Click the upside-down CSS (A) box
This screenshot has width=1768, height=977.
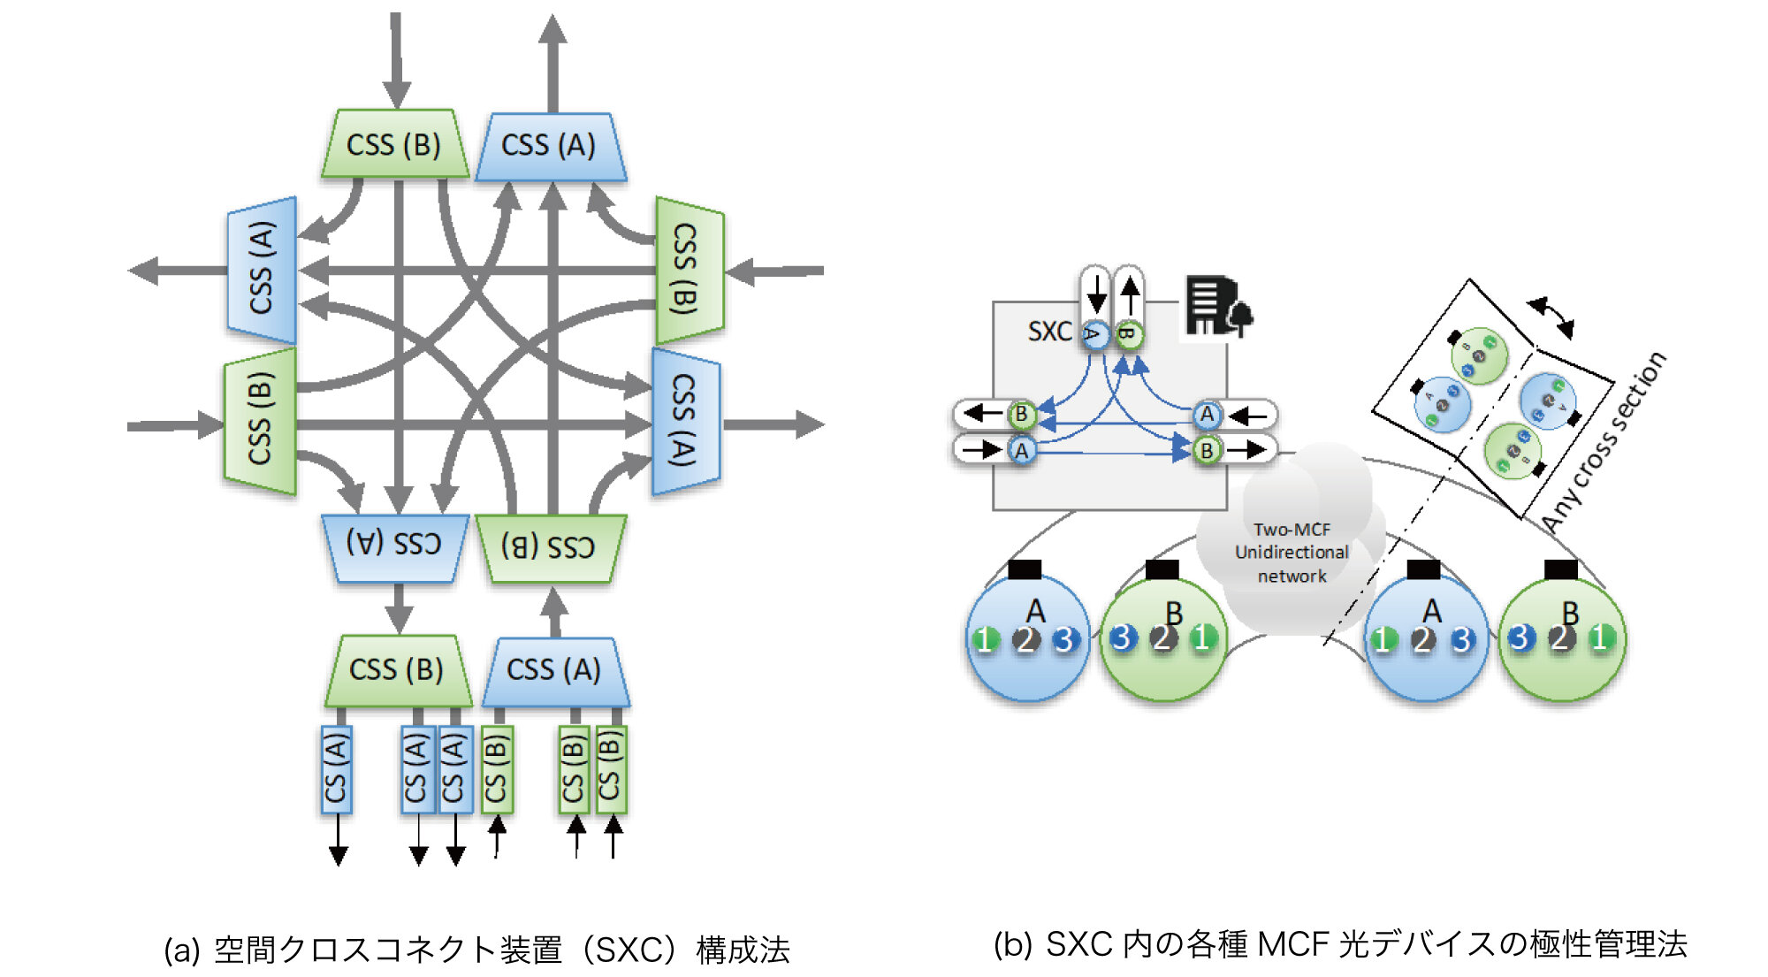(x=393, y=546)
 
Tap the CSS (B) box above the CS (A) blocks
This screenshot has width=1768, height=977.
(x=397, y=670)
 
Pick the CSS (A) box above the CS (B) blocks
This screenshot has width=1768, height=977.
(x=554, y=670)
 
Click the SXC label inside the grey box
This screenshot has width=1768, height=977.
(x=1049, y=332)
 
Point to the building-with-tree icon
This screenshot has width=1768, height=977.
(x=1218, y=306)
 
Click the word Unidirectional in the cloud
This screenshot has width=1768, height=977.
(x=1292, y=553)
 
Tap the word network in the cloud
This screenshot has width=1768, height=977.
(x=1292, y=576)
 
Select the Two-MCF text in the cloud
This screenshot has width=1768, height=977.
(x=1292, y=530)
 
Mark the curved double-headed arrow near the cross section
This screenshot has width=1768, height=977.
(x=1552, y=317)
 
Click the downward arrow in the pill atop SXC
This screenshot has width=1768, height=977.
(x=1096, y=293)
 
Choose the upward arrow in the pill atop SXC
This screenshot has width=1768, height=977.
(x=1130, y=293)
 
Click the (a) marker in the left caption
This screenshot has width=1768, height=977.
(x=181, y=950)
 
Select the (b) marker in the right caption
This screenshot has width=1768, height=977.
(x=1012, y=945)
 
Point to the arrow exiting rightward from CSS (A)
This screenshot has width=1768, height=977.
(x=773, y=424)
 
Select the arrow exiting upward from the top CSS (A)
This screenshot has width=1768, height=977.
(x=552, y=62)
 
